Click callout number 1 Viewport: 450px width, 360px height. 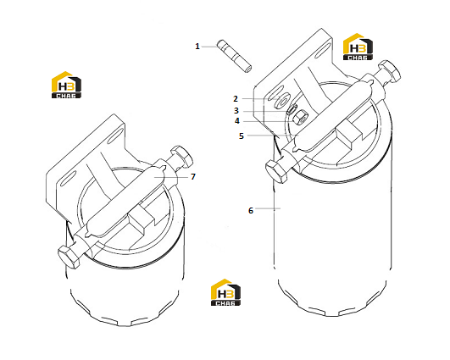tap(197, 47)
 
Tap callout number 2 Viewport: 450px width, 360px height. tap(236, 98)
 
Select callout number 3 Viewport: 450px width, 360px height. tap(236, 110)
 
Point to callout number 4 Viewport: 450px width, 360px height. tap(236, 121)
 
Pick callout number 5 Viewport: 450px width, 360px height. tap(242, 136)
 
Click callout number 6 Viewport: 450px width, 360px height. tap(251, 210)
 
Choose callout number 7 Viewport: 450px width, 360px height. tap(193, 176)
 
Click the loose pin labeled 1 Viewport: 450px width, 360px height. tap(235, 56)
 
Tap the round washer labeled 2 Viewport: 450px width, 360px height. tap(281, 101)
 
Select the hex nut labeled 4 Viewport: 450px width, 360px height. tap(300, 118)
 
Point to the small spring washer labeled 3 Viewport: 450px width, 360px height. tap(292, 109)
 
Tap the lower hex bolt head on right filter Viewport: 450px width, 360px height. tap(276, 172)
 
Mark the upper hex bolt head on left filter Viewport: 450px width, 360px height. tap(182, 156)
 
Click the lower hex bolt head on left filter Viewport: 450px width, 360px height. tap(69, 258)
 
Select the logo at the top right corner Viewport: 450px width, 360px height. tap(358, 47)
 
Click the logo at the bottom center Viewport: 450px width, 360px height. tap(225, 292)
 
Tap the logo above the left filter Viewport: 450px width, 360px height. tap(66, 85)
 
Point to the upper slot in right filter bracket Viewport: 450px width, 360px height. tap(323, 51)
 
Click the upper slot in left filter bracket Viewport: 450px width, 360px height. tap(115, 136)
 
